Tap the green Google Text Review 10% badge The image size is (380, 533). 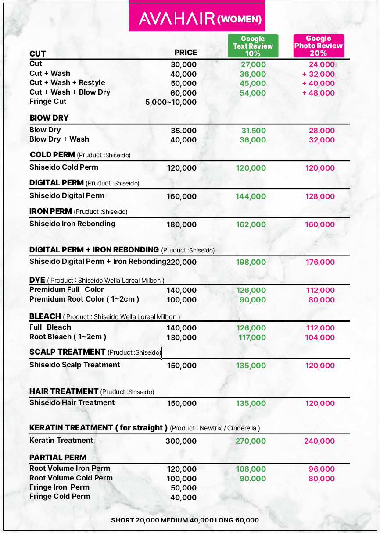coord(253,46)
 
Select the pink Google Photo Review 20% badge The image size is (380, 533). coord(319,46)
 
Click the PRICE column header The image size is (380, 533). coord(186,53)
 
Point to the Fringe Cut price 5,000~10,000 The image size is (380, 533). coord(171,102)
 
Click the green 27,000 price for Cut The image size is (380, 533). coord(253,65)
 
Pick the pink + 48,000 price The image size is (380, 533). coord(318,93)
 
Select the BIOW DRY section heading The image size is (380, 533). coord(49,118)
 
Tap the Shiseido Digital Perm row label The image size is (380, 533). coord(67,195)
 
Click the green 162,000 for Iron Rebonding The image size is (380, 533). coord(251,224)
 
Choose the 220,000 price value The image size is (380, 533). coord(182,262)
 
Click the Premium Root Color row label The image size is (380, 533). coord(84,299)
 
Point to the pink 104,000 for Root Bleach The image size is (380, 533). coord(320,338)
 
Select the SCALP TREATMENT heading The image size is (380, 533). coord(68,352)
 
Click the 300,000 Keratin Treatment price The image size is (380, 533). coord(181,441)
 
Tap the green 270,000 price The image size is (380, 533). coord(251,441)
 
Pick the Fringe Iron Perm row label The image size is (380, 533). coord(59,487)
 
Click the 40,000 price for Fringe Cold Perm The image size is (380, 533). coord(183,497)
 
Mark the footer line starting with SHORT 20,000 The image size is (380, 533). coord(185,520)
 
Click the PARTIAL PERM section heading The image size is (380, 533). coord(58,458)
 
